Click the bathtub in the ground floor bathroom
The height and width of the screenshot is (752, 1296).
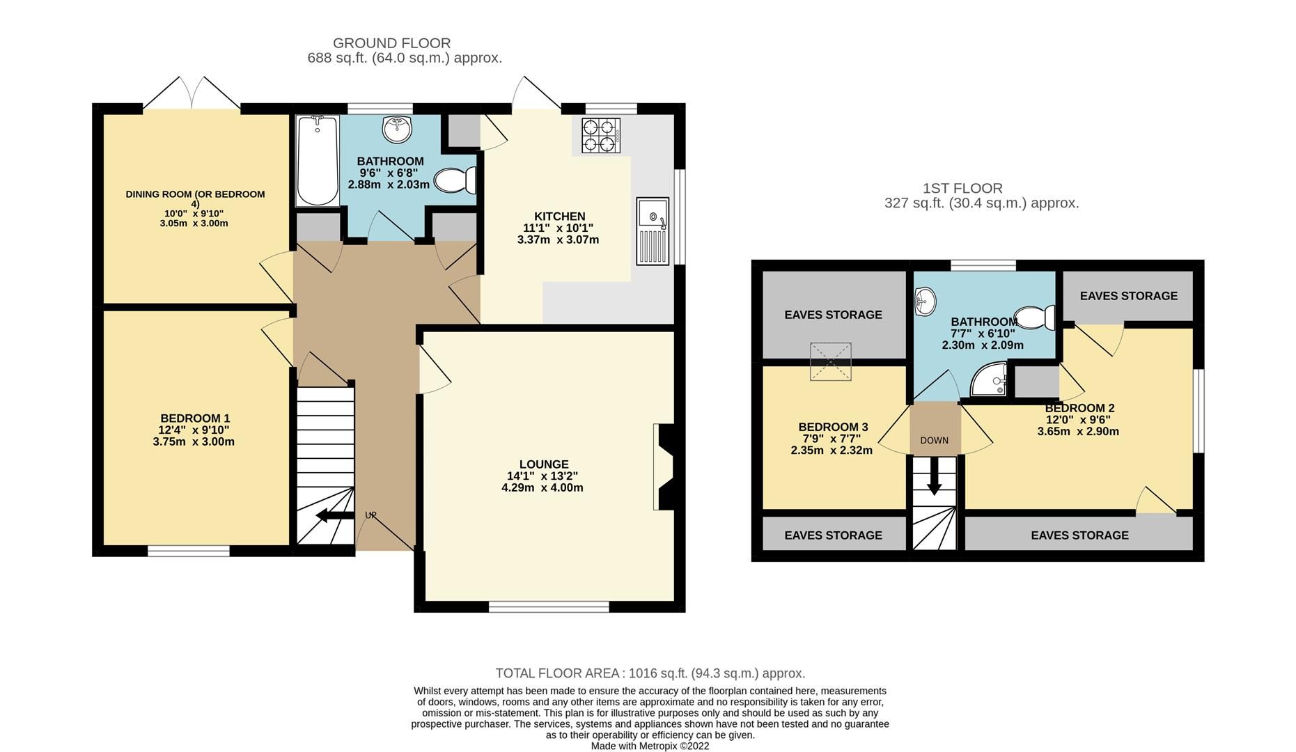click(317, 161)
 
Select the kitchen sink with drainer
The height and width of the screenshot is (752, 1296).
click(653, 231)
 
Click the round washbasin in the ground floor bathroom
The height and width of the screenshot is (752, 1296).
click(397, 127)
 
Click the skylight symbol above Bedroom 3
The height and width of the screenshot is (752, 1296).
click(830, 361)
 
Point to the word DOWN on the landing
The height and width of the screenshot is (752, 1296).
click(934, 440)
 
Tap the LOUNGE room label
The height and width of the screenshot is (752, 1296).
click(544, 464)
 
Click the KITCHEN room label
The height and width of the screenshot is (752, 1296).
click(559, 217)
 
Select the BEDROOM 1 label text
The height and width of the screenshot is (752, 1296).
click(194, 418)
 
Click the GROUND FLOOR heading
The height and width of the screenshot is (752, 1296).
click(392, 43)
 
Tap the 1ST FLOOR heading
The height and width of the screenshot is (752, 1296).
click(962, 188)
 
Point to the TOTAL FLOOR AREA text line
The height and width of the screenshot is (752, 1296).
click(650, 673)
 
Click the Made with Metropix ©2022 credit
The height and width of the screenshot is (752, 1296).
click(650, 746)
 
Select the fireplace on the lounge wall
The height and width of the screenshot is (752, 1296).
click(663, 467)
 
